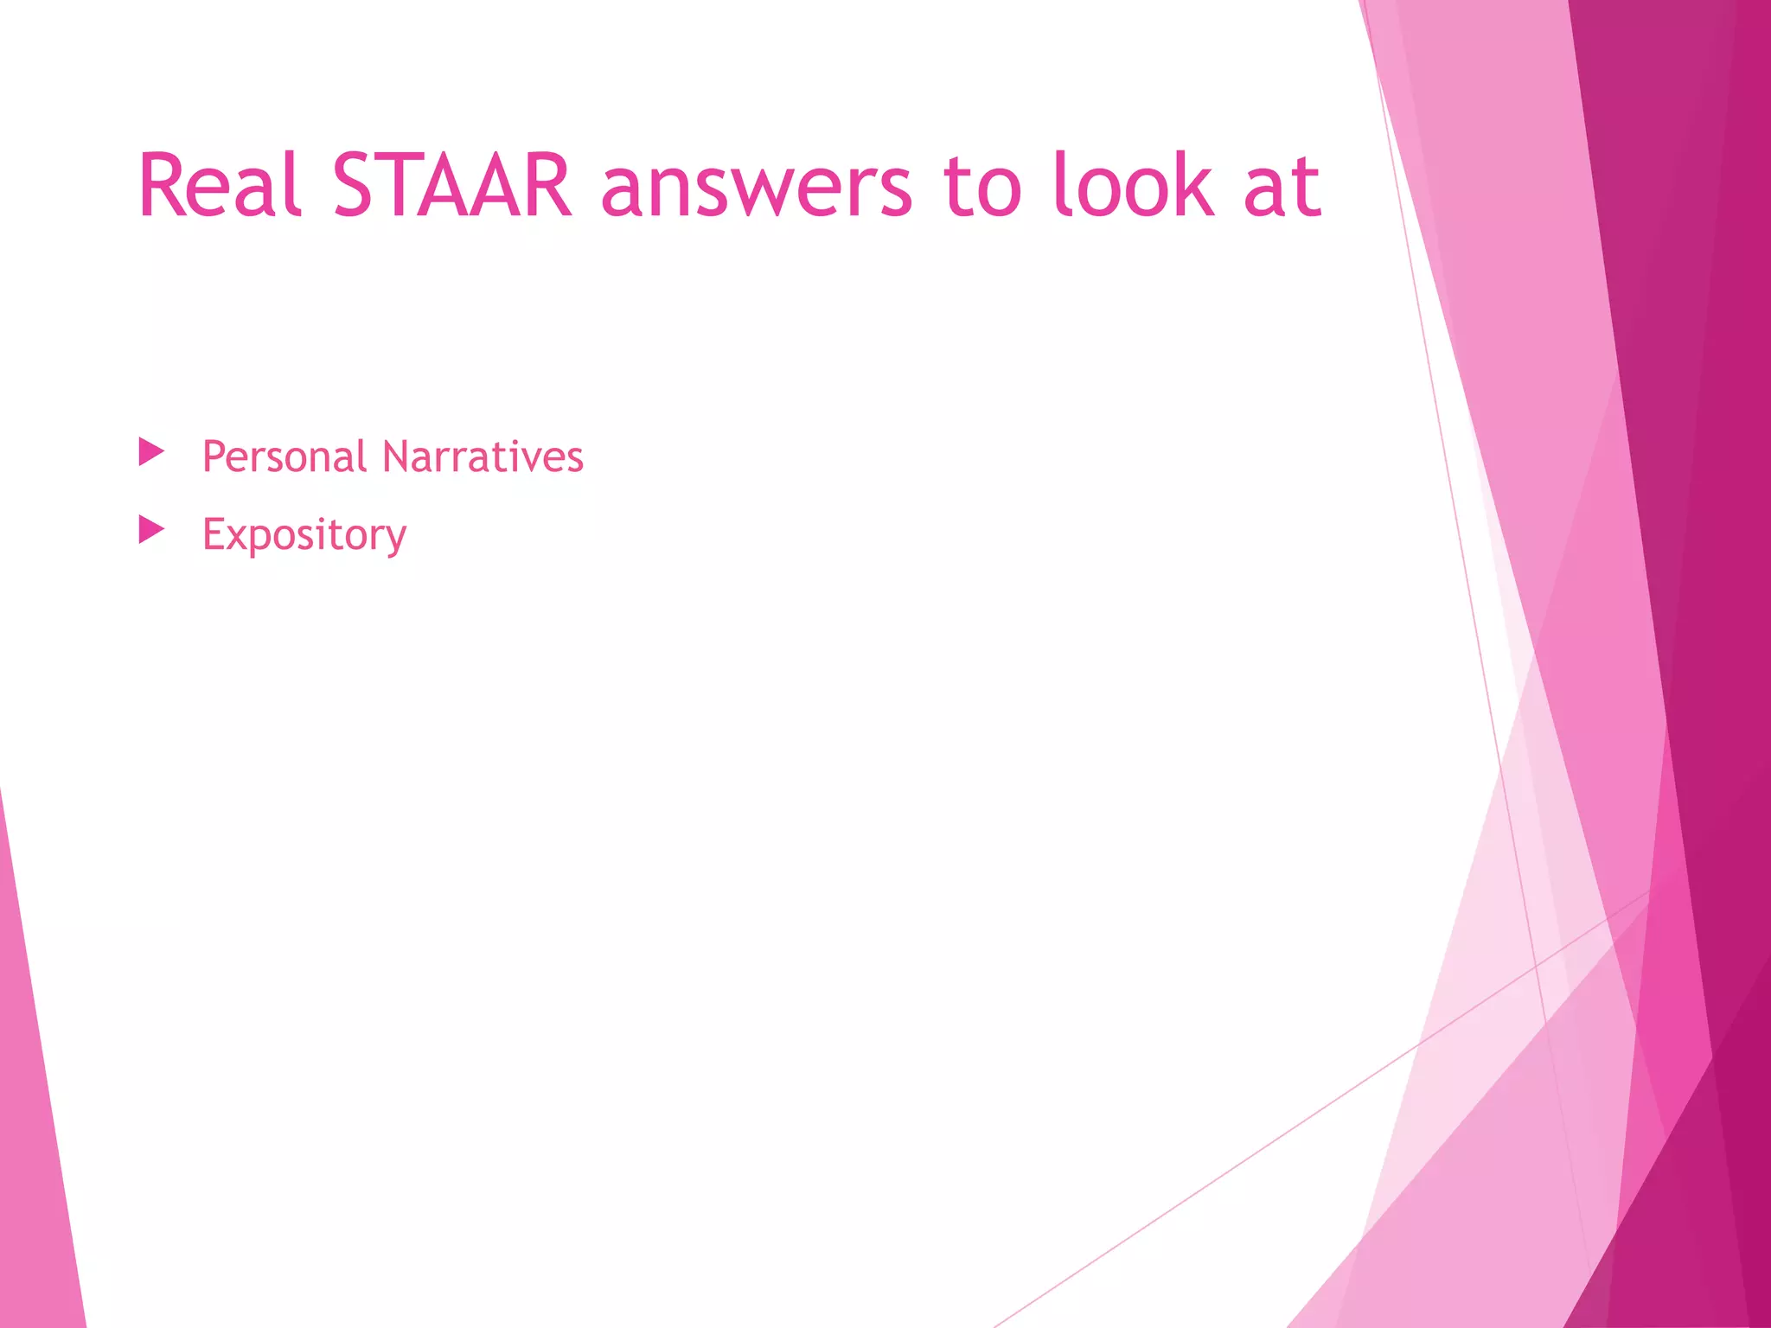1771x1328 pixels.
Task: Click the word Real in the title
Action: coord(220,186)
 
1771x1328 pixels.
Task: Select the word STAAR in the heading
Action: coord(451,186)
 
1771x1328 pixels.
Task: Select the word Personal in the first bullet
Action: coord(285,456)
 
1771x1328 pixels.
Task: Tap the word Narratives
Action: coord(483,456)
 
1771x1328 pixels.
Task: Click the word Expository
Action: coord(304,534)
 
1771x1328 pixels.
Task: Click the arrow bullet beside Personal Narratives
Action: coord(151,451)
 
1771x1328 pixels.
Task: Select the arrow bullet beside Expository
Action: coord(151,529)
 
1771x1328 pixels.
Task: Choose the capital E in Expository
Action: coord(213,533)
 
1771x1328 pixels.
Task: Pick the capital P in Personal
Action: coord(214,456)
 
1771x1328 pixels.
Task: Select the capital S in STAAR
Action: coord(358,186)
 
